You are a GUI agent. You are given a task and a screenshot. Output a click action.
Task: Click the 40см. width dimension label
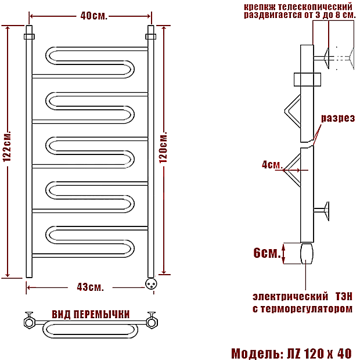coord(93,16)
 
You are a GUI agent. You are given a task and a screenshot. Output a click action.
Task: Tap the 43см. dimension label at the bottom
coord(90,287)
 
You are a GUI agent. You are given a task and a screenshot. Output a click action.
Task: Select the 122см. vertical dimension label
coord(7,146)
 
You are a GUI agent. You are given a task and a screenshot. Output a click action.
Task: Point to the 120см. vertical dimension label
coord(163,147)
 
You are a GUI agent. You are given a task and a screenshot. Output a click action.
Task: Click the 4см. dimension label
coord(272,165)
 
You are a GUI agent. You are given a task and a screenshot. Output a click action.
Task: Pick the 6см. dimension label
coord(267,253)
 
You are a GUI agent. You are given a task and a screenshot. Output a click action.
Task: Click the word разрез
coord(338,118)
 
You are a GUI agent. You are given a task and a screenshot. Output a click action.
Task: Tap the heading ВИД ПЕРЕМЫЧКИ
coord(91,314)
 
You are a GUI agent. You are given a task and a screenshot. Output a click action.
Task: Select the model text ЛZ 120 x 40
coord(319,353)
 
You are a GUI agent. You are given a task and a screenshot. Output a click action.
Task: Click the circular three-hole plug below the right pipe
coord(151,283)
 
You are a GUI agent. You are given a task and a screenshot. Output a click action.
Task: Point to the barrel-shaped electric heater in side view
coord(307,254)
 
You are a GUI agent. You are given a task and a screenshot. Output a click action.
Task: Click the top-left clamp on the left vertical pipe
coord(29,37)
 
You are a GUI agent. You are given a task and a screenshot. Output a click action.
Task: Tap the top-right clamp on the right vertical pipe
coord(150,37)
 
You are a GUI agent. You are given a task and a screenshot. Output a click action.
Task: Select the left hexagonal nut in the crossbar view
coord(30,322)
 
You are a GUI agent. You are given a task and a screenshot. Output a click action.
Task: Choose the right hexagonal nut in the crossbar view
coord(152,322)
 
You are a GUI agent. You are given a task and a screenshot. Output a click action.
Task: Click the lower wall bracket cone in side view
coord(326,211)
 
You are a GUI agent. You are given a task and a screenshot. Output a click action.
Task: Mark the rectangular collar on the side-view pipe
coord(307,80)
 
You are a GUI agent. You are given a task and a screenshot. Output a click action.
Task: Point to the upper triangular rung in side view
coord(293,111)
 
